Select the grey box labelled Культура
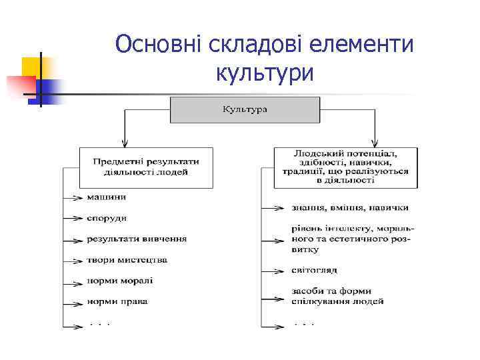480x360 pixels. [245, 109]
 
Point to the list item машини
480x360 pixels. [106, 197]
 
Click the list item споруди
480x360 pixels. [107, 218]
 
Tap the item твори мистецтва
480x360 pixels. [127, 259]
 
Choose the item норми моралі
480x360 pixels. [120, 281]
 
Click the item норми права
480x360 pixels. [117, 301]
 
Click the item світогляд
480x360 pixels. [315, 270]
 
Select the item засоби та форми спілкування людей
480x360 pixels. [337, 296]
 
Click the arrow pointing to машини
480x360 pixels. [73, 197]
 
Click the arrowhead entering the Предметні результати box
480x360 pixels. [124, 143]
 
